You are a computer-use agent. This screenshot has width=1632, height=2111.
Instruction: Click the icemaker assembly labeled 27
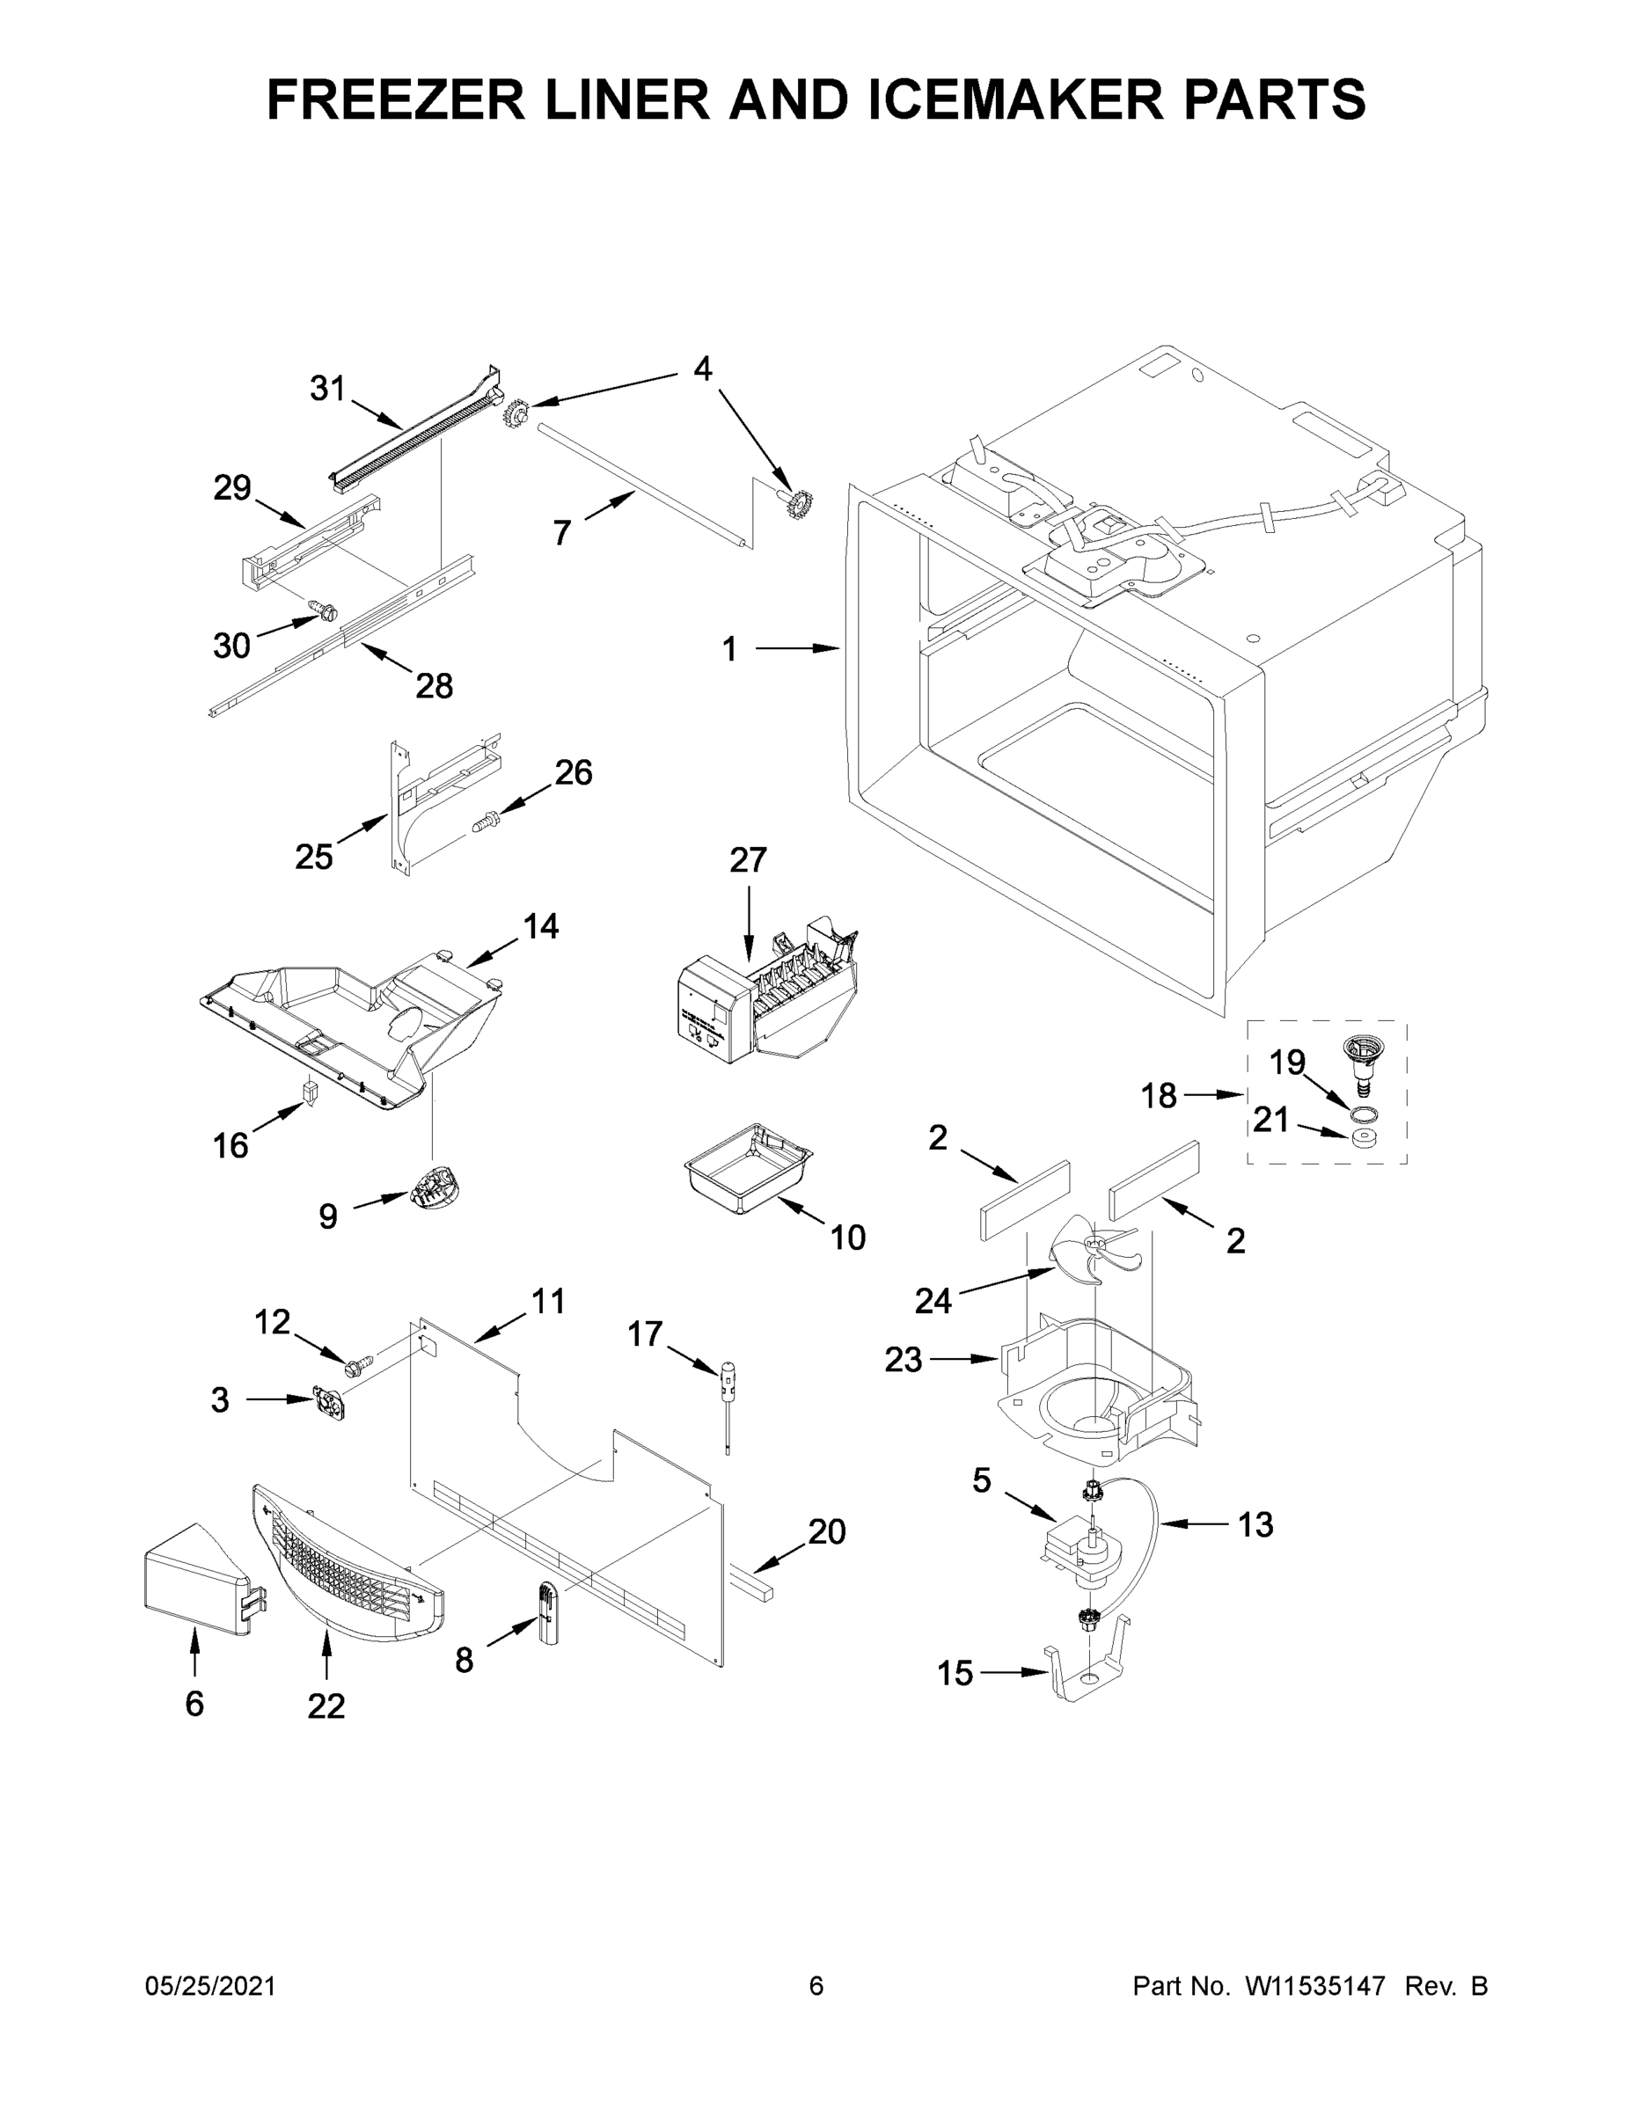click(764, 1001)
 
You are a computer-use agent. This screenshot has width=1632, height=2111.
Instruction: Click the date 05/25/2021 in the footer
click(209, 1985)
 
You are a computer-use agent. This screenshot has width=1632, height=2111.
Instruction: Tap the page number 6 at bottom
click(816, 1985)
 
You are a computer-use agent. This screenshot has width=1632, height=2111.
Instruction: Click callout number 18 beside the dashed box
click(1159, 1095)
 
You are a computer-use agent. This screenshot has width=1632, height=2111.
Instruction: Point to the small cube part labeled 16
click(310, 1092)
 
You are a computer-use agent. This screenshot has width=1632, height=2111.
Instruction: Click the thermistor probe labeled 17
click(725, 1401)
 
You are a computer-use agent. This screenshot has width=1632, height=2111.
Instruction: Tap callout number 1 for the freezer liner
click(729, 649)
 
